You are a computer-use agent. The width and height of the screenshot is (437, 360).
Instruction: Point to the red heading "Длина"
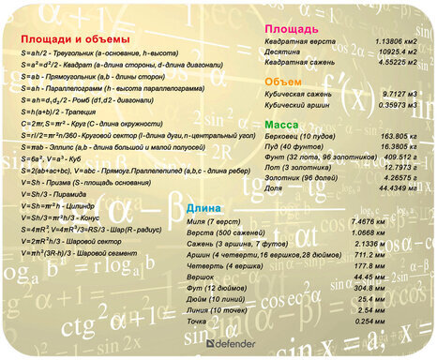click(x=203, y=207)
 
